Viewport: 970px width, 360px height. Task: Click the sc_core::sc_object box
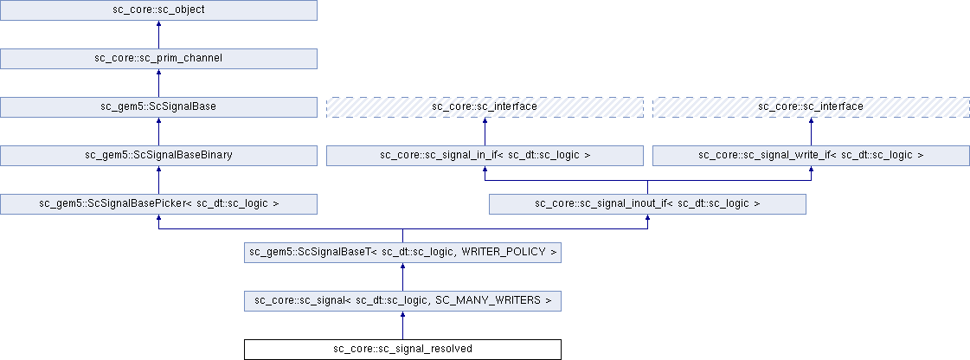[159, 10]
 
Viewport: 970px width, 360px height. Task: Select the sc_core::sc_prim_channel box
[159, 58]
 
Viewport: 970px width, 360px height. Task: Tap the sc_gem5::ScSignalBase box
[159, 106]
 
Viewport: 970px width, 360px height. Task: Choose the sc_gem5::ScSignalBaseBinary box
[159, 155]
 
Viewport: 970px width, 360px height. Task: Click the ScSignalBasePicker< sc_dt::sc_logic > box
[159, 203]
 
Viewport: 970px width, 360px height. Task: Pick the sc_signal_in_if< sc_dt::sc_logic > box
[485, 155]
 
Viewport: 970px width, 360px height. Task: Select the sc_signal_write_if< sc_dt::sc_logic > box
[811, 155]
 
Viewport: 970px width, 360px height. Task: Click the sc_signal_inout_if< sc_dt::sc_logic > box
[647, 203]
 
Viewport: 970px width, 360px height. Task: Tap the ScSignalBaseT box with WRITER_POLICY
[403, 252]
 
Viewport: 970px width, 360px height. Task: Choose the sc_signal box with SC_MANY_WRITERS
[403, 300]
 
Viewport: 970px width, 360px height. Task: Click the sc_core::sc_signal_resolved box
[403, 349]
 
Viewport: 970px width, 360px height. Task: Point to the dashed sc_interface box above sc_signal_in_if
[485, 106]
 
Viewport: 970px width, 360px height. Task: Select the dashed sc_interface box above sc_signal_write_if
[811, 106]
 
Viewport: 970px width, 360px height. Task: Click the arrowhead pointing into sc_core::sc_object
[159, 25]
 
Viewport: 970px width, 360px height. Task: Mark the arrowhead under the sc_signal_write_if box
[811, 170]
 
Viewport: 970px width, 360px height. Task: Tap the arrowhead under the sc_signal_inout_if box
[647, 219]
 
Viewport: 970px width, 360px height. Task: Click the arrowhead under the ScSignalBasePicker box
[159, 219]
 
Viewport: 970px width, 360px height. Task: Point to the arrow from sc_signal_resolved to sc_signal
[403, 325]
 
